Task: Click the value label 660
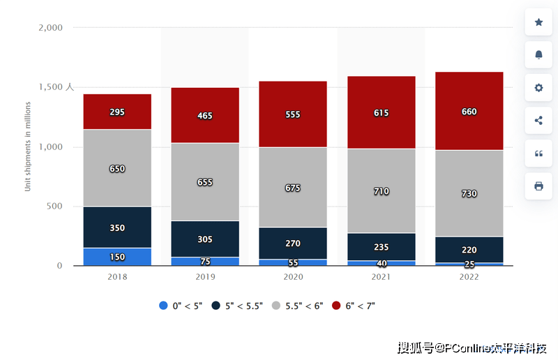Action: pyautogui.click(x=469, y=112)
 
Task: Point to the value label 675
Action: pyautogui.click(x=293, y=188)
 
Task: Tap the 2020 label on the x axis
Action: pyautogui.click(x=293, y=276)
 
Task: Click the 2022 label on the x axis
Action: pyautogui.click(x=469, y=276)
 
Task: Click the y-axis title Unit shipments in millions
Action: pyautogui.click(x=29, y=147)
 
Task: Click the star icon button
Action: pyautogui.click(x=538, y=22)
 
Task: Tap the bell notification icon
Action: pyautogui.click(x=538, y=54)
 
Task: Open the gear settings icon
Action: pyautogui.click(x=538, y=88)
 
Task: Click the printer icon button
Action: pyautogui.click(x=538, y=186)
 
